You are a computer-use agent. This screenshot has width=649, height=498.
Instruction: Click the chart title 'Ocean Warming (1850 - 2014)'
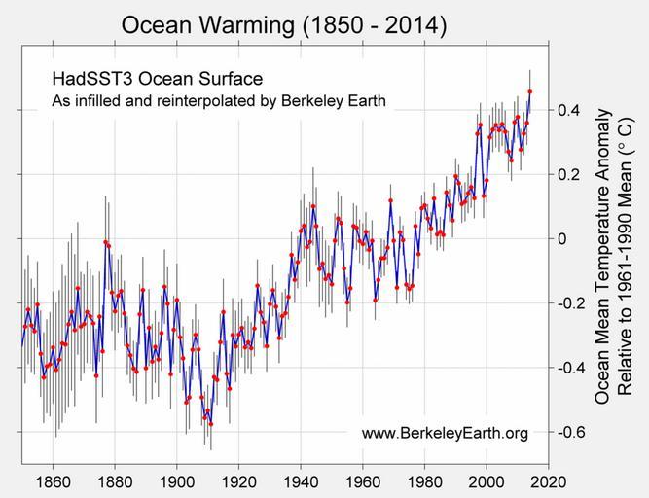tap(283, 25)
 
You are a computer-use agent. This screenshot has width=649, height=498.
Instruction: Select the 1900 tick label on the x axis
tap(176, 481)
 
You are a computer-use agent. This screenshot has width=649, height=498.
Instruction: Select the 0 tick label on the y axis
tap(560, 238)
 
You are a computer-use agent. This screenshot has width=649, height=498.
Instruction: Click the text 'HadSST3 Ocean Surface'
tap(156, 78)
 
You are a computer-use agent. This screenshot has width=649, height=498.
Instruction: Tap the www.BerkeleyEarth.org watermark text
tap(445, 433)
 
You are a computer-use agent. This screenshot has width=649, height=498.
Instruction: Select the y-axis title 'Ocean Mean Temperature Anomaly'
tap(603, 257)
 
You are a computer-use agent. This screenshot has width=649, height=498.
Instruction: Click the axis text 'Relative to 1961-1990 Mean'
tap(628, 257)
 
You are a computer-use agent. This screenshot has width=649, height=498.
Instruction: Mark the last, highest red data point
tap(530, 91)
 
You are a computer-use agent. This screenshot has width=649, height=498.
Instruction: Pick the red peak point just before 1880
tap(105, 241)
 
